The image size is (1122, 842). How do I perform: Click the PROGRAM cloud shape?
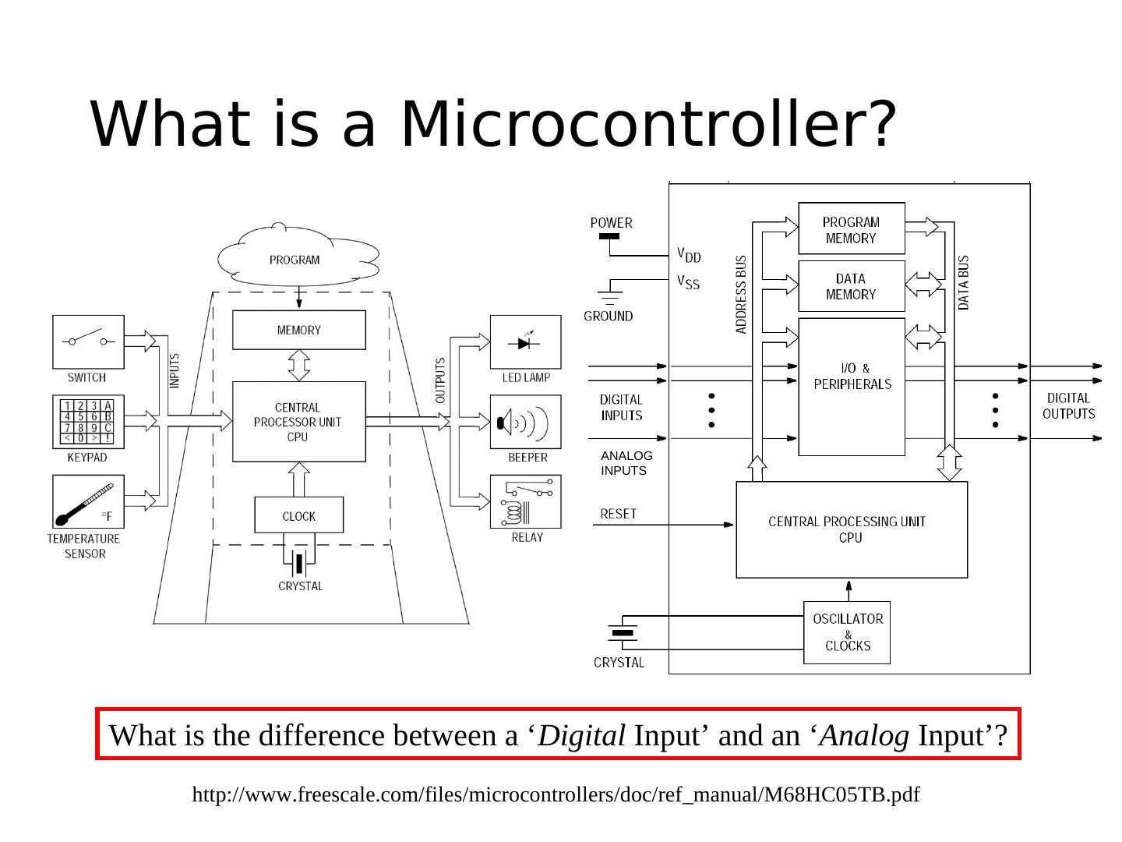click(296, 256)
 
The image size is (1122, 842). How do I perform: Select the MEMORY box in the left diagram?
click(298, 330)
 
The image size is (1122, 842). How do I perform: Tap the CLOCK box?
click(298, 515)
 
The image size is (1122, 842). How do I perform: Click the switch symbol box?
click(88, 341)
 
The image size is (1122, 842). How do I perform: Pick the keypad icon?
click(88, 422)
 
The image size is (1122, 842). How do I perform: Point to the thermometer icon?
click(88, 501)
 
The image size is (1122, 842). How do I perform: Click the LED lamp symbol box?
click(525, 341)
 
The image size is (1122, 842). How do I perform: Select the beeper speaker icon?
click(525, 422)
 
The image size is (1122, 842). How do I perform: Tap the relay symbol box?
click(525, 501)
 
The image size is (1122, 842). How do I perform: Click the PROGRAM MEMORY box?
click(851, 228)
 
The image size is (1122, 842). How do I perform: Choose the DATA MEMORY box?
click(851, 286)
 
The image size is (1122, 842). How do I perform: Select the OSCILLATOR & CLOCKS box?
click(847, 632)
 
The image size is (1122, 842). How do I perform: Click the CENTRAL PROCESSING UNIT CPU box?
click(851, 529)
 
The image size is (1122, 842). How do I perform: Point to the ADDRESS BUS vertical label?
click(741, 295)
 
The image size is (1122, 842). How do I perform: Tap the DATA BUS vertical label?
click(964, 282)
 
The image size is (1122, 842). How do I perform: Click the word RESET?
click(619, 514)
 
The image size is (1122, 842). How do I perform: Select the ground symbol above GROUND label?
click(609, 295)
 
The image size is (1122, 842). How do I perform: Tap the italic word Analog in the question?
click(865, 735)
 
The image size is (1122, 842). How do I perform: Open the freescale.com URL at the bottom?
click(556, 794)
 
